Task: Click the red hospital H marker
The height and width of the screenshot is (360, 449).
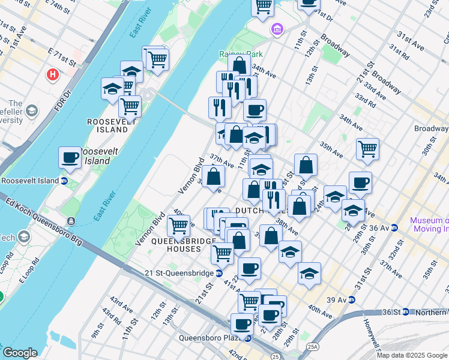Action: (x=53, y=76)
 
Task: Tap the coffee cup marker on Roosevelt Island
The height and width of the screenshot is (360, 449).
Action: (x=70, y=158)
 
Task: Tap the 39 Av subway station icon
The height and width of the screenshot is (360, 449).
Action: (x=352, y=299)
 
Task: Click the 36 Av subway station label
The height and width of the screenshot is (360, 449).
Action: (x=380, y=228)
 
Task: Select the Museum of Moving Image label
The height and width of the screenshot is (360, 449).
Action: (x=429, y=224)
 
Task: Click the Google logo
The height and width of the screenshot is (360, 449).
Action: (x=20, y=353)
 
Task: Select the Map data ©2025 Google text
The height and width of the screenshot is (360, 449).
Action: (x=412, y=355)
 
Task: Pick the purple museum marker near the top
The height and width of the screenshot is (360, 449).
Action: (x=277, y=29)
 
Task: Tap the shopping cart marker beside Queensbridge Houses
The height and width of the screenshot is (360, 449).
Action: (x=178, y=226)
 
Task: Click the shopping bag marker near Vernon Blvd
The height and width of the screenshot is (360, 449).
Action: (x=213, y=176)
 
